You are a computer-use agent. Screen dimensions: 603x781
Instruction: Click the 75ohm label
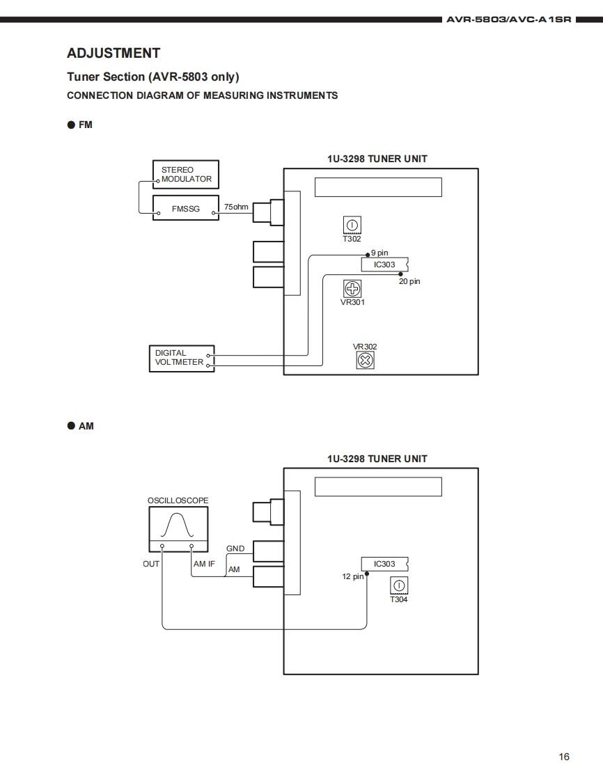[x=236, y=207]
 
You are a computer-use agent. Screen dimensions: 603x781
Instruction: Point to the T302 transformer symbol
[x=352, y=225]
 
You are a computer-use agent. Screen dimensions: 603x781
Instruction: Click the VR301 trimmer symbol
[x=352, y=288]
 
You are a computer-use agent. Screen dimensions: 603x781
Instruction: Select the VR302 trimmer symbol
[x=366, y=360]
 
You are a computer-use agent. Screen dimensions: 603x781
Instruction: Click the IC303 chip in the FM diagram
[x=385, y=265]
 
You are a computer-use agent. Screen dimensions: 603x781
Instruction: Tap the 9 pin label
[x=379, y=253]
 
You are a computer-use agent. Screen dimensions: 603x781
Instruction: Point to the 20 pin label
[x=409, y=281]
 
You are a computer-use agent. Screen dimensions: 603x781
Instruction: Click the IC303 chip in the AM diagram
[x=385, y=564]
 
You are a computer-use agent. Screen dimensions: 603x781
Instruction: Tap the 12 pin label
[x=353, y=576]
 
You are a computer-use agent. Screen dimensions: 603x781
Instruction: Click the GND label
[x=235, y=549]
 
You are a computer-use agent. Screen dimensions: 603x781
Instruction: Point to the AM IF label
[x=204, y=564]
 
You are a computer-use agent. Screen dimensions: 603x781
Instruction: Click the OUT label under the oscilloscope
[x=151, y=564]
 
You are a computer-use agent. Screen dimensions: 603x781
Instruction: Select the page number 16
[x=563, y=757]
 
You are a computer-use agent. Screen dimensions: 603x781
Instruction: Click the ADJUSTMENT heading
[x=113, y=54]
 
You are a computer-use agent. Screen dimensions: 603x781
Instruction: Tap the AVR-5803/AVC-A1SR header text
[x=509, y=20]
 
